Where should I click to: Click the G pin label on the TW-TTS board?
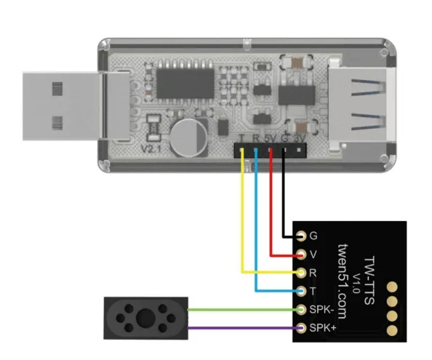pos(313,236)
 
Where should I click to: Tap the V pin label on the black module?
pos(313,255)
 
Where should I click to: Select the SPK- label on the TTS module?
pos(321,310)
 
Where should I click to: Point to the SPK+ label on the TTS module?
pos(323,328)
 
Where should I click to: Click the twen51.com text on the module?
pos(343,281)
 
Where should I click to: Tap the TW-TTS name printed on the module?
pos(369,281)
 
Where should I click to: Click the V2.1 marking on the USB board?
pos(151,149)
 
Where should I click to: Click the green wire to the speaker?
pos(244,310)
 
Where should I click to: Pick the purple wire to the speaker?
pos(244,328)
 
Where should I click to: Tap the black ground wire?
pos(284,193)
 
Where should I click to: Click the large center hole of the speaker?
pos(145,318)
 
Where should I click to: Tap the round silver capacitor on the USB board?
pos(188,137)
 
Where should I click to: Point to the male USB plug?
pos(76,106)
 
